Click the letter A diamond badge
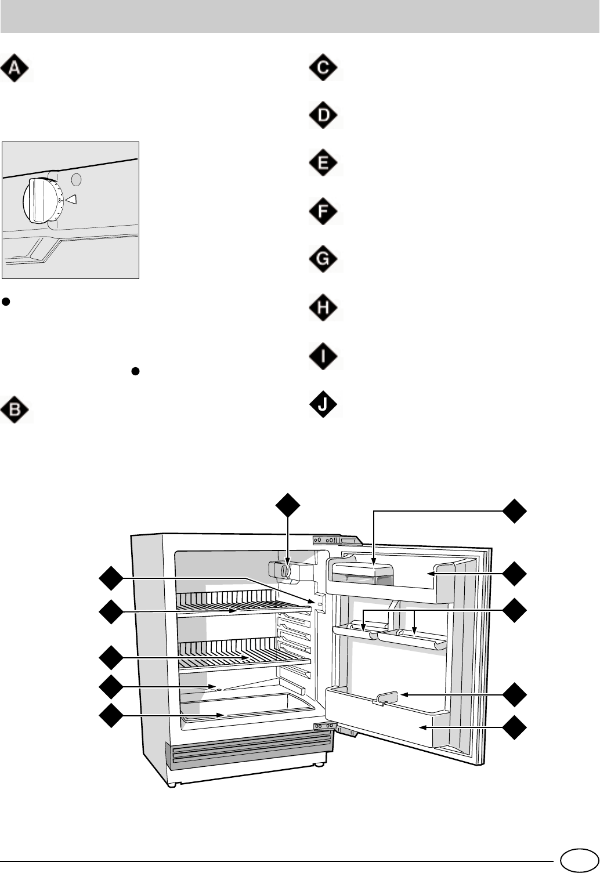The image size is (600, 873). (16, 68)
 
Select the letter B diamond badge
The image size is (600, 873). (16, 409)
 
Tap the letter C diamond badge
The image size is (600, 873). (325, 68)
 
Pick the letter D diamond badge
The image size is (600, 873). (325, 115)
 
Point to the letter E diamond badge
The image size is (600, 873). (325, 163)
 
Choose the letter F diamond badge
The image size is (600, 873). (325, 212)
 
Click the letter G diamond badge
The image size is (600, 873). (325, 259)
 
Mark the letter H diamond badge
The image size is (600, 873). (325, 307)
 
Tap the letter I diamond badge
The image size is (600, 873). (325, 356)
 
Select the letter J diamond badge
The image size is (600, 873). (325, 404)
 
